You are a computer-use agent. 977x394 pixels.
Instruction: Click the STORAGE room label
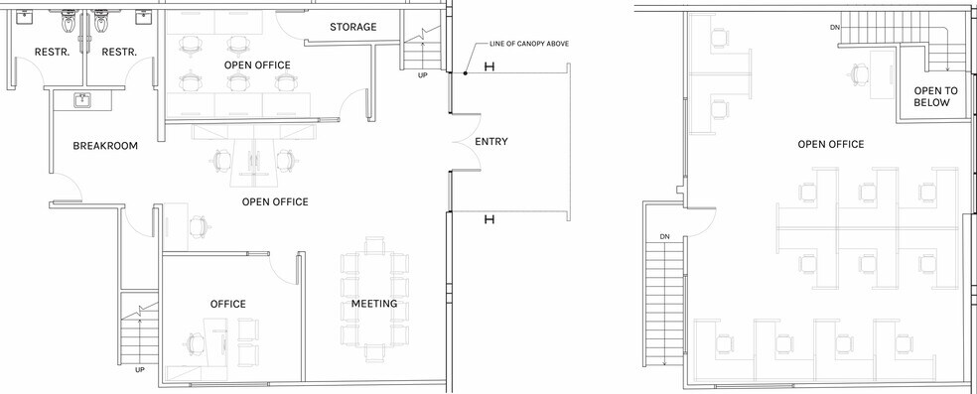tap(352, 27)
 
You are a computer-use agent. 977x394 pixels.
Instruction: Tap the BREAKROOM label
tap(105, 146)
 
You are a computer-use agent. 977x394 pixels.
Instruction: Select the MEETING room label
tap(374, 304)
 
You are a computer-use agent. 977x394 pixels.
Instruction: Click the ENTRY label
tap(491, 141)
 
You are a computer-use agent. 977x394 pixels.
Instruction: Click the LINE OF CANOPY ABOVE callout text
tap(529, 44)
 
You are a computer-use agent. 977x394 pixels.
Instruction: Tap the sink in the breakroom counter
tap(81, 100)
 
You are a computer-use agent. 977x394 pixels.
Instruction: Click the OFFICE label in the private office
tap(227, 304)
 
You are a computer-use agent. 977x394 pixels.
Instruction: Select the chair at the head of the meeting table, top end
tap(374, 245)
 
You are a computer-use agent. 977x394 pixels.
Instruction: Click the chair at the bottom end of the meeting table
tap(374, 353)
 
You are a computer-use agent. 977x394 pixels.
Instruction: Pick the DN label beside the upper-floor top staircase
tap(835, 28)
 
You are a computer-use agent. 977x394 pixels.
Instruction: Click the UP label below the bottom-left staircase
tap(140, 370)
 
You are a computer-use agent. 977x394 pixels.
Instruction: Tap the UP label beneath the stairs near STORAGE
tap(422, 74)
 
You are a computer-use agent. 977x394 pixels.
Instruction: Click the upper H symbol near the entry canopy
tap(489, 66)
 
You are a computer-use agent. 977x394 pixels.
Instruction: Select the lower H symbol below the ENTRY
tap(489, 219)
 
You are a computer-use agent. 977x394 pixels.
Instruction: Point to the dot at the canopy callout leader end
tap(466, 73)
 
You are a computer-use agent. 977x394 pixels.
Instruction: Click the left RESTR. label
tap(52, 52)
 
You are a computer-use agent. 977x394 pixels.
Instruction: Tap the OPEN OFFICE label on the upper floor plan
tap(831, 144)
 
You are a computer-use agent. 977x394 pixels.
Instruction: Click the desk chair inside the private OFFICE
tap(195, 343)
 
